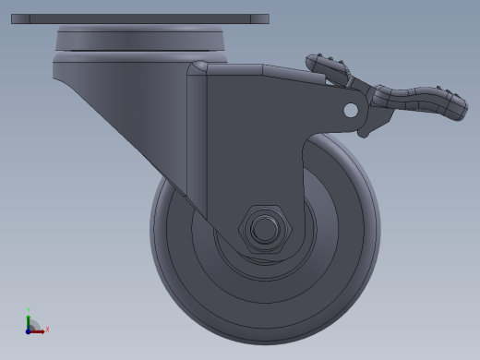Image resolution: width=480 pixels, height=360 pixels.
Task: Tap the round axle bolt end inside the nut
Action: tap(265, 228)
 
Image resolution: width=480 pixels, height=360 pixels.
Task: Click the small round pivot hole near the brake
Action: tap(350, 110)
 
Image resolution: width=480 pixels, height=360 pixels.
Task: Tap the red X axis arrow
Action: tap(40, 329)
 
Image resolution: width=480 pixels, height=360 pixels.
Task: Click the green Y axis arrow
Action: tap(29, 318)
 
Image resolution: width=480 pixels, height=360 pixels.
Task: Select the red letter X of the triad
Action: tap(47, 329)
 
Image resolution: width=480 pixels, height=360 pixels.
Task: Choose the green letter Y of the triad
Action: tap(29, 310)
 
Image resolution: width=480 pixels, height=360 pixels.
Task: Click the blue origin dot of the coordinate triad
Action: tap(29, 329)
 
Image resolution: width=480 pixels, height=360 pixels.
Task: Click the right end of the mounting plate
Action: tap(265, 18)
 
